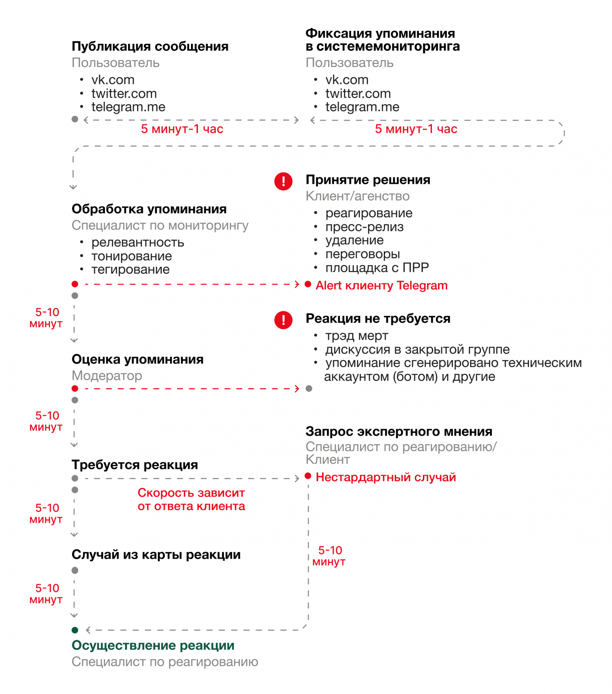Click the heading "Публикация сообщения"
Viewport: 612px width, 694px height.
pos(150,46)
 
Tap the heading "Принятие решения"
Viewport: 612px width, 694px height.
pos(368,180)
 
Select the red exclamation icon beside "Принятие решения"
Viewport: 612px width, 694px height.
pos(283,181)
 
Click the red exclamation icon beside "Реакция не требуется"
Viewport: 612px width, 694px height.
pos(283,320)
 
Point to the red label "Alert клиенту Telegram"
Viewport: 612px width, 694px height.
pos(381,285)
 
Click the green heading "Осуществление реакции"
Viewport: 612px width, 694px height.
pos(153,645)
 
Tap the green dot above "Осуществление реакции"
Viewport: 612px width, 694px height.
pos(75,630)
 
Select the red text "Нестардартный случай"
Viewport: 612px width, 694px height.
pos(386,477)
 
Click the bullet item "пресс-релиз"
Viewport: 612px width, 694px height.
pos(364,227)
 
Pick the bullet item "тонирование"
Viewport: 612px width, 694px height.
pos(131,256)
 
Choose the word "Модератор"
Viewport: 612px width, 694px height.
pos(107,376)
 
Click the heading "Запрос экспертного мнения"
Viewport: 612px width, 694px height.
pos(399,432)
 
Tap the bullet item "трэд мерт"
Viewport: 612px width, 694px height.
pos(357,336)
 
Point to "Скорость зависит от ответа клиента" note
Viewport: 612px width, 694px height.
pos(191,499)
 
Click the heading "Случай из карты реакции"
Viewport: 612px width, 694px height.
pos(156,554)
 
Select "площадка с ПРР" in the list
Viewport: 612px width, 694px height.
pos(377,268)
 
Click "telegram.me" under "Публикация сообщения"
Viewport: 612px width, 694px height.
pos(128,107)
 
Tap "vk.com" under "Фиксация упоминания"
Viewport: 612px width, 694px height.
pos(347,80)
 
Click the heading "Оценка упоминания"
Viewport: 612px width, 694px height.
pos(137,359)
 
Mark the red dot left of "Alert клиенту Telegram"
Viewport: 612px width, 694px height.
pos(308,284)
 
